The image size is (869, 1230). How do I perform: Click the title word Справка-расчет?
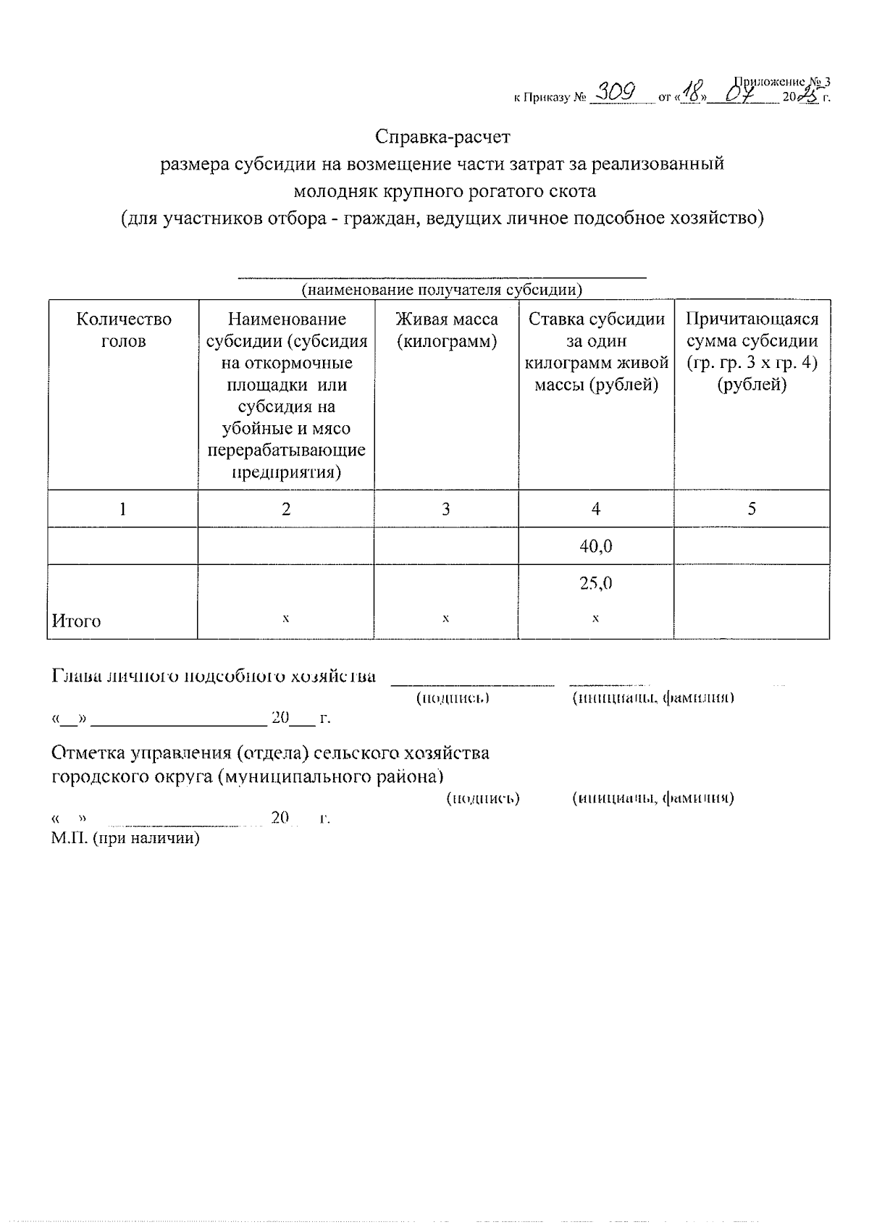point(442,135)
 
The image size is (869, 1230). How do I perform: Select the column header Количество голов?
point(123,330)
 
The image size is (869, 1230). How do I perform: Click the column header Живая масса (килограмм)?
point(446,330)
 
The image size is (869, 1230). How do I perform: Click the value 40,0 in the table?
point(595,546)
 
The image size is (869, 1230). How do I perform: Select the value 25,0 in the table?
point(595,583)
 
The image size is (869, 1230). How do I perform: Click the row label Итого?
point(76,621)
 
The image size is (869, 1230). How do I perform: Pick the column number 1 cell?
point(123,509)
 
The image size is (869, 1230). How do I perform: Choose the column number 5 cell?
point(752,509)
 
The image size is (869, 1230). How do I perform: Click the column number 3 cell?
point(446,509)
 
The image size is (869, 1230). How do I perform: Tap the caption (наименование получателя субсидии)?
point(442,290)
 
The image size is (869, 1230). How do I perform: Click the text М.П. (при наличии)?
point(125,838)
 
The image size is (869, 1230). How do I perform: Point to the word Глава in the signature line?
point(77,676)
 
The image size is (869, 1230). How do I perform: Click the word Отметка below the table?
point(87,753)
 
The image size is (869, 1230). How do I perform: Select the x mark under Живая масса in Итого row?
point(446,618)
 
